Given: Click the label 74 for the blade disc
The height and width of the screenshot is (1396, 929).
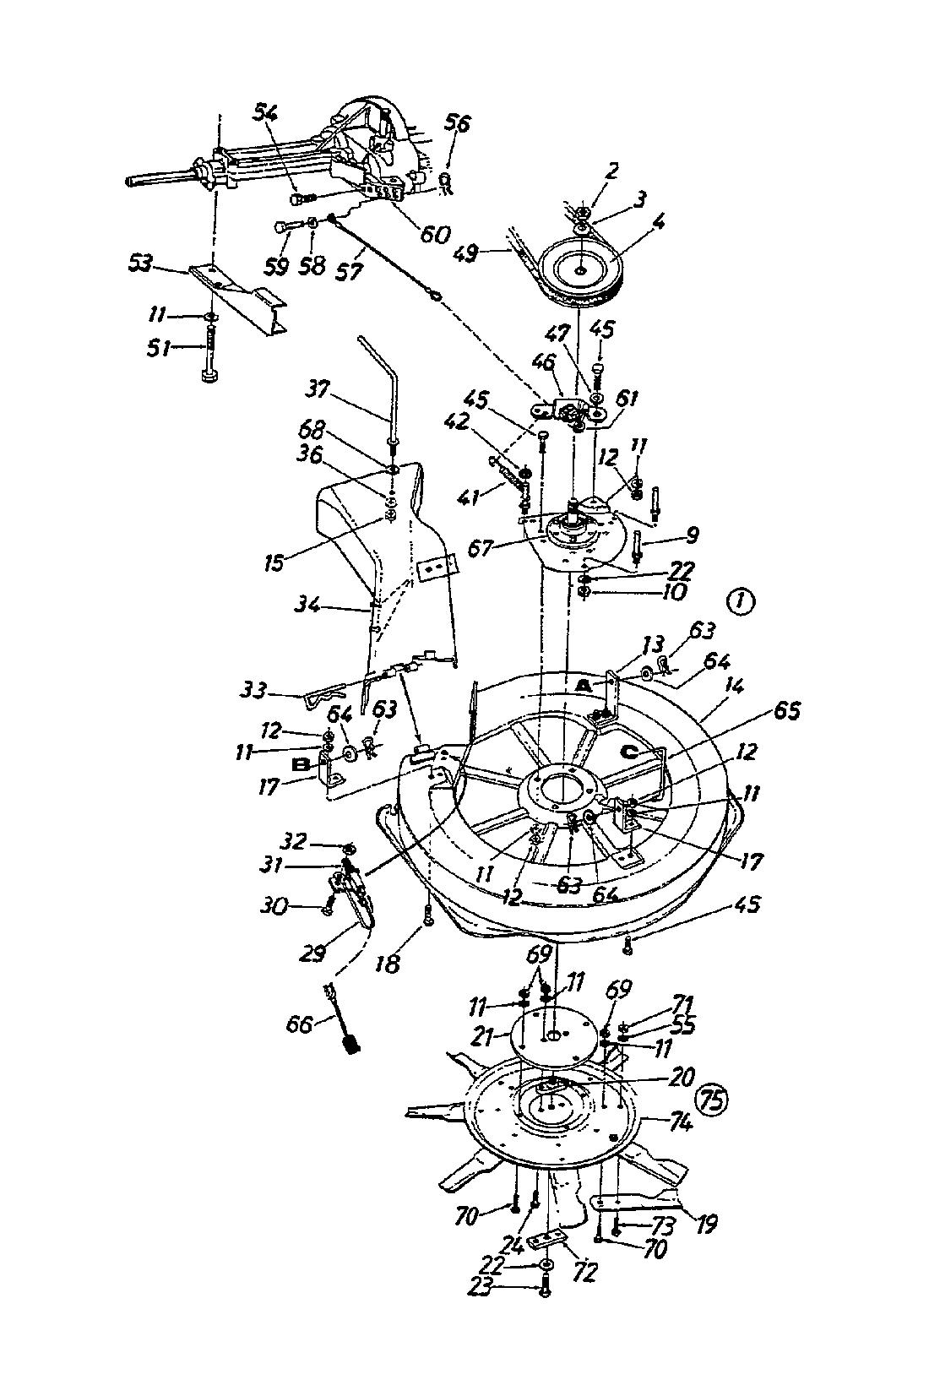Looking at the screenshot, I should click(x=680, y=1123).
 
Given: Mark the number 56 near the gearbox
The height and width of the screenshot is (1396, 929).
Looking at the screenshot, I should click(x=457, y=124).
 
